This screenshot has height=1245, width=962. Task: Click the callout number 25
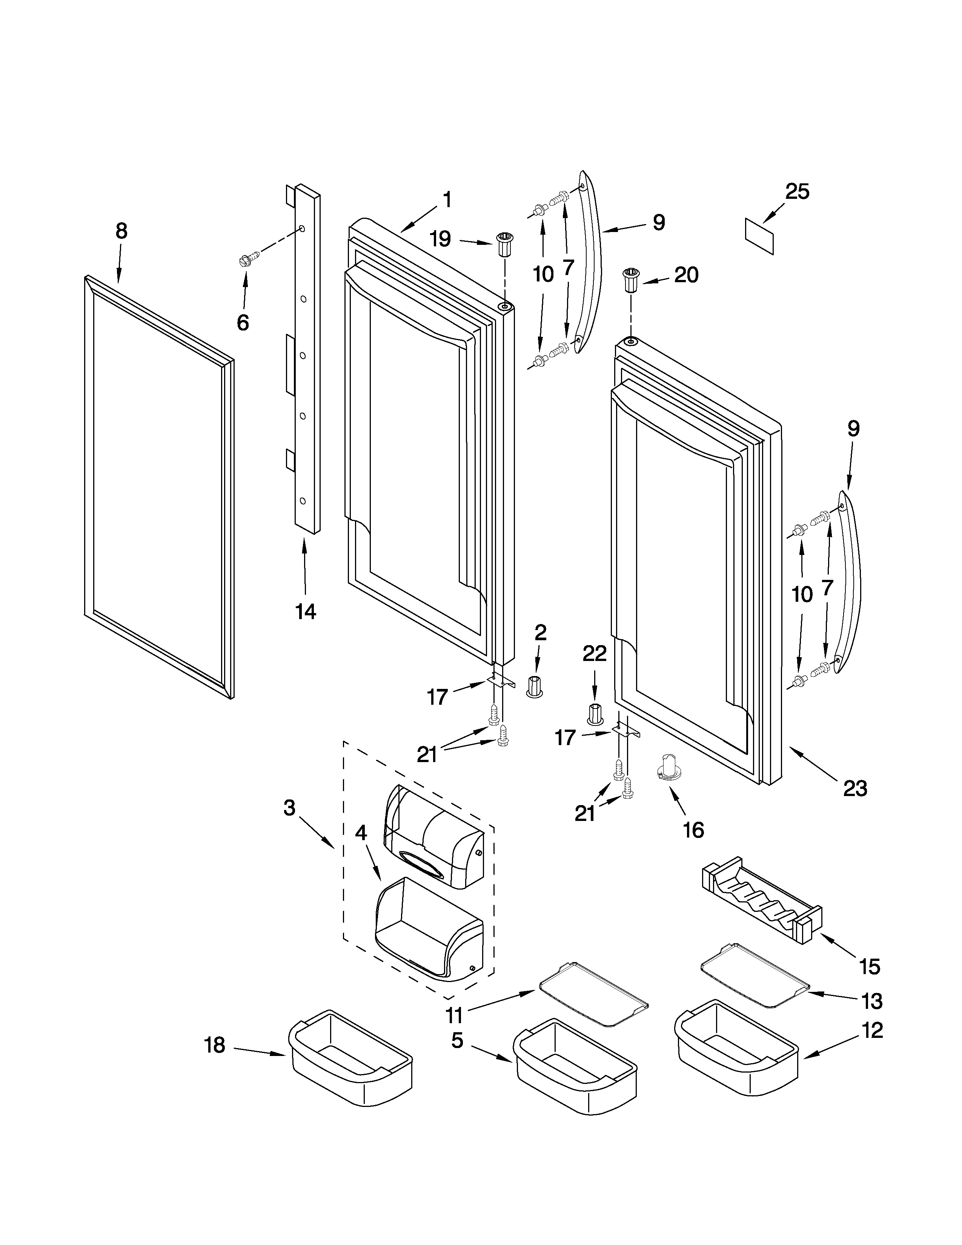click(x=797, y=192)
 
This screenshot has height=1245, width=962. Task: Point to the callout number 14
click(x=306, y=612)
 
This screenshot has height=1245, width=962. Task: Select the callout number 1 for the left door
click(x=447, y=200)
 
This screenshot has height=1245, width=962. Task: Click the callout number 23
click(x=855, y=788)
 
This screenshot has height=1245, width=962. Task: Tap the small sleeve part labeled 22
click(x=595, y=713)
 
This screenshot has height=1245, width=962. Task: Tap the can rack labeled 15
click(x=762, y=905)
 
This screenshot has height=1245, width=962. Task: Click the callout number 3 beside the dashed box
click(x=289, y=808)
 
